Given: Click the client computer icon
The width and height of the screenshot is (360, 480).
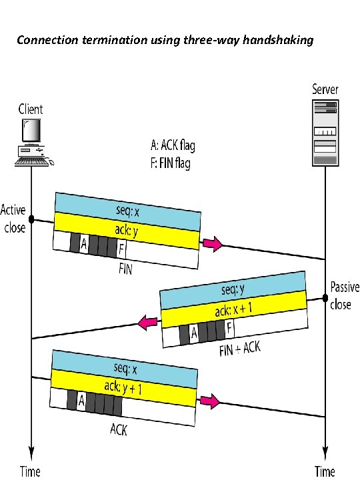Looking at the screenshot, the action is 33,143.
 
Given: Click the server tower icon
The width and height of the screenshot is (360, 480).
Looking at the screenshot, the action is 325,133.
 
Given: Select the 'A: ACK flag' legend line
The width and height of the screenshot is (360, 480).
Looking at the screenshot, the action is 173,145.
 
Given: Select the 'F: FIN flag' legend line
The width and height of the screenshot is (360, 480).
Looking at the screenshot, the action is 170,163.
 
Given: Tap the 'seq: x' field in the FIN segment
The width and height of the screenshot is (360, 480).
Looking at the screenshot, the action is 127,211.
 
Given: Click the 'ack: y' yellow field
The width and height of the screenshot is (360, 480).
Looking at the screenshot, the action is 127,231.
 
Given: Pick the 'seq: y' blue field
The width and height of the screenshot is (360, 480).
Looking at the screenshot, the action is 233,289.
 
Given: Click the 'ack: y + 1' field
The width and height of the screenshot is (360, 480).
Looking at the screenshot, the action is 123,388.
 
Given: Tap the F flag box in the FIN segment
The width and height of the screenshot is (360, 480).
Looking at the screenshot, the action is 121,249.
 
